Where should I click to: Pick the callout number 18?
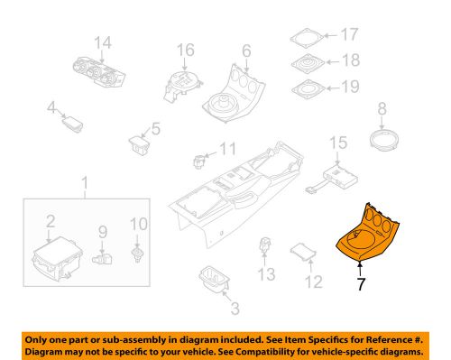349,61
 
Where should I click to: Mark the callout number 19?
349,88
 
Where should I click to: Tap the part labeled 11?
198,160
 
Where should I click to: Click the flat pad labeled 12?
302,252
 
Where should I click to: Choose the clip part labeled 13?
265,245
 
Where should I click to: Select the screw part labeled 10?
136,254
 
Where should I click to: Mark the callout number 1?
87,187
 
